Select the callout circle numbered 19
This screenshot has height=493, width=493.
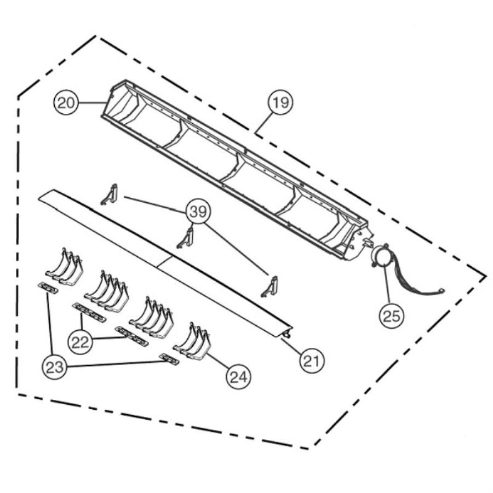click(x=280, y=102)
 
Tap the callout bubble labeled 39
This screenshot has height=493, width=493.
click(x=198, y=211)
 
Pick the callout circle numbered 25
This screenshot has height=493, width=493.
click(x=392, y=315)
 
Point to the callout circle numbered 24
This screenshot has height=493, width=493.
click(x=239, y=376)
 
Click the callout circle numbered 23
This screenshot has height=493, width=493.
click(x=54, y=366)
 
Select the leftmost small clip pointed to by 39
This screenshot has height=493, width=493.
click(x=110, y=194)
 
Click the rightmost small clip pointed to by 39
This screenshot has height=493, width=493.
click(x=270, y=286)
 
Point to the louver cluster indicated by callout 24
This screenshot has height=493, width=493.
click(x=190, y=341)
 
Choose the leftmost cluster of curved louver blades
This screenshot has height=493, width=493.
click(x=64, y=267)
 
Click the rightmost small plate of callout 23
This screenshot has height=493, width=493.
click(x=169, y=359)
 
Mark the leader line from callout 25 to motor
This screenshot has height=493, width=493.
click(x=387, y=285)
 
